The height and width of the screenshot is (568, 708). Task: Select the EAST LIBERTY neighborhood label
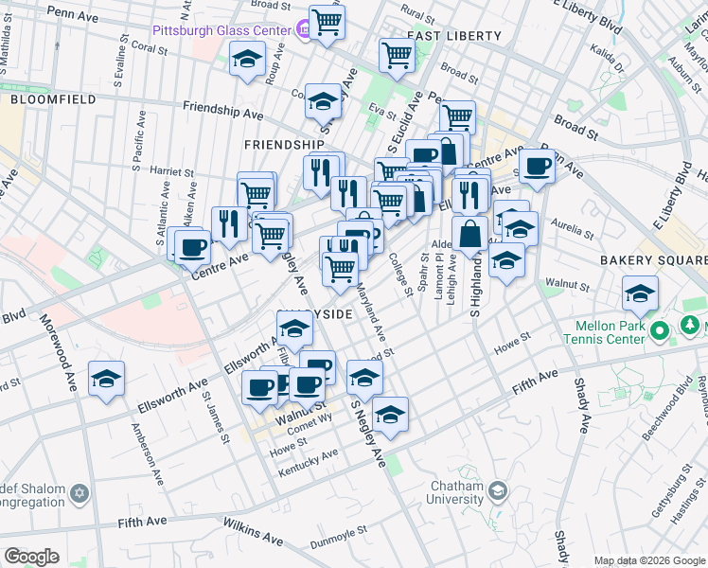pos(453,36)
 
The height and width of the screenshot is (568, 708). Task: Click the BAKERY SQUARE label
pos(652,259)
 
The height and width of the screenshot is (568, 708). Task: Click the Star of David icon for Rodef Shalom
pos(80,493)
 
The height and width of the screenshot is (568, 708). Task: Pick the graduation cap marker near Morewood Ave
pos(106,380)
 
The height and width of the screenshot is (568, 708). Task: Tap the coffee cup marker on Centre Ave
pos(192,247)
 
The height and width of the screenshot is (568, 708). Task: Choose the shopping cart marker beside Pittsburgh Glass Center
pos(327,22)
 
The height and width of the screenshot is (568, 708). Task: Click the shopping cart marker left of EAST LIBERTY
pos(397,54)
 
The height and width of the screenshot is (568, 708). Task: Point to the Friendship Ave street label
pos(222,111)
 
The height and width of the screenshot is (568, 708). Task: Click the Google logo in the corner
pos(31,556)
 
